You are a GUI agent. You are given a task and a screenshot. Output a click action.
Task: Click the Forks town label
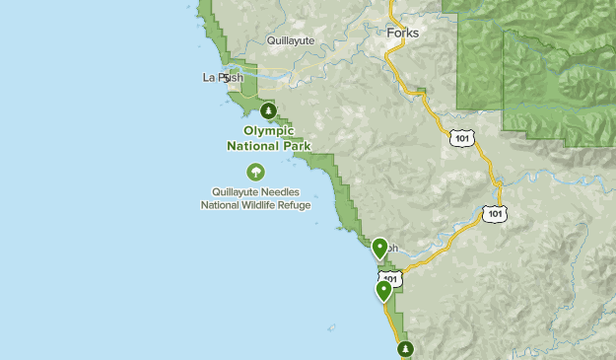(402, 34)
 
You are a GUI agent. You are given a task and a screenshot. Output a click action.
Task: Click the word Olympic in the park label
(269, 130)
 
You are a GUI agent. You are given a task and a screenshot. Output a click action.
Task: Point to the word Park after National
(294, 146)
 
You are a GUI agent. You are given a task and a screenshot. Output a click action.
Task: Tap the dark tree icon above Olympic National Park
(268, 111)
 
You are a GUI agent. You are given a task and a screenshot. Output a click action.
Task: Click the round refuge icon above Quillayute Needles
(256, 173)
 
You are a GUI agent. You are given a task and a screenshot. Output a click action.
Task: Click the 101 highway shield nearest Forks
(462, 138)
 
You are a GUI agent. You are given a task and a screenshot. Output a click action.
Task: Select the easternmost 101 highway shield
(495, 213)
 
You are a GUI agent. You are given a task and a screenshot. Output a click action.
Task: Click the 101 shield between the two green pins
(390, 280)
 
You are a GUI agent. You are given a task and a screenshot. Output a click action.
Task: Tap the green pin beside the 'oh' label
(380, 248)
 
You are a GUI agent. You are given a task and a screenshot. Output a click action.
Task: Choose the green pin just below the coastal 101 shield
(384, 291)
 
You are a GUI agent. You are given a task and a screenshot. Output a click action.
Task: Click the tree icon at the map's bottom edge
(405, 349)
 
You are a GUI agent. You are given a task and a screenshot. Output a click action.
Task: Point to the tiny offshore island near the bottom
(332, 326)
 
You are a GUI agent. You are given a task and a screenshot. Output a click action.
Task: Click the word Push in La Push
(231, 77)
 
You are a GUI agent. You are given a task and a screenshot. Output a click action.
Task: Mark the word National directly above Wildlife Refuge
(222, 205)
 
